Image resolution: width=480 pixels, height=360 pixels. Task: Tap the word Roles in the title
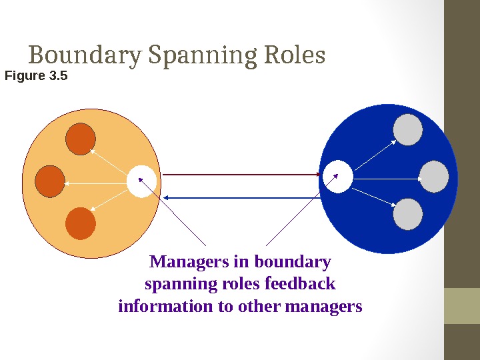pyautogui.click(x=294, y=55)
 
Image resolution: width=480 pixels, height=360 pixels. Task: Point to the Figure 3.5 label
pyautogui.click(x=36, y=76)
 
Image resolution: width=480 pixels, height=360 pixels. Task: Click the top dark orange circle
pyautogui.click(x=81, y=139)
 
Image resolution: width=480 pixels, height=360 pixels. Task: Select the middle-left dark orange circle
pyautogui.click(x=50, y=181)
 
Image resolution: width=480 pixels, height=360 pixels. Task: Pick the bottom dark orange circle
pyautogui.click(x=81, y=223)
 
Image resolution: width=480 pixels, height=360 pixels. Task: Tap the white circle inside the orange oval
pyautogui.click(x=141, y=181)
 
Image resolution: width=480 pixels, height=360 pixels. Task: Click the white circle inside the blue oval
pyautogui.click(x=338, y=177)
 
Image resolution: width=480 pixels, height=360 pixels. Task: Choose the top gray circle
pyautogui.click(x=408, y=130)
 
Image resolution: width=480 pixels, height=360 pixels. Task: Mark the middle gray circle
pyautogui.click(x=435, y=177)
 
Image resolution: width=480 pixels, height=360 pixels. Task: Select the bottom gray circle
pyautogui.click(x=408, y=214)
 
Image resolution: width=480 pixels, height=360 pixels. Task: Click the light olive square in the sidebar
pyautogui.click(x=462, y=305)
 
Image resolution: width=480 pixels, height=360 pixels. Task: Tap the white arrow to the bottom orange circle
pyautogui.click(x=109, y=201)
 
